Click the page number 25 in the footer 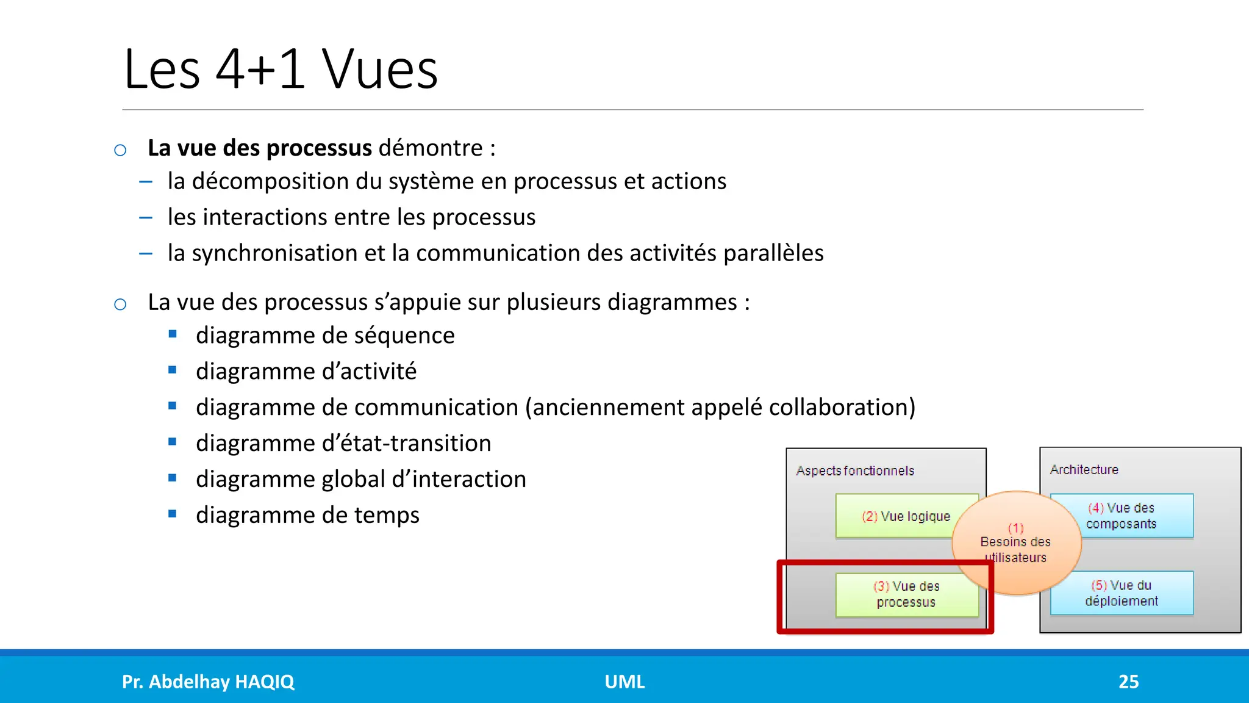1128,682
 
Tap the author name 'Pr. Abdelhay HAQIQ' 208,682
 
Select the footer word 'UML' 624,682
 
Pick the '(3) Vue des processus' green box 906,594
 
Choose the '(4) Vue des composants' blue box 1121,516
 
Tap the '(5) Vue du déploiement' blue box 1121,593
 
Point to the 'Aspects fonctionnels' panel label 855,471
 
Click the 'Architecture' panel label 1084,470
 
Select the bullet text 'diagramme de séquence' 325,336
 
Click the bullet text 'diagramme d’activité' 306,372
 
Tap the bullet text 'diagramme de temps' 307,516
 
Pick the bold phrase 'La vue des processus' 260,148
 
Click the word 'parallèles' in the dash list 773,253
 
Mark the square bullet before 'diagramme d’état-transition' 173,442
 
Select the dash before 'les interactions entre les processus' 146,217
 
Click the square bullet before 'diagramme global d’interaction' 173,478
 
